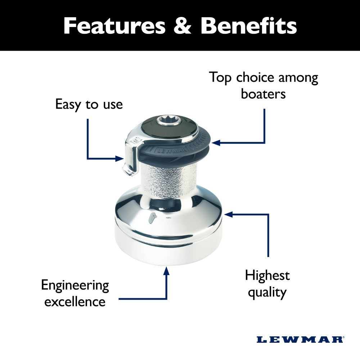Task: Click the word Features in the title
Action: (x=114, y=26)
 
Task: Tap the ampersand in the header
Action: (x=182, y=26)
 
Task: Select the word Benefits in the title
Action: (x=248, y=26)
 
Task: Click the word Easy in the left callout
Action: (x=68, y=104)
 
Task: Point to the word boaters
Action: (x=264, y=94)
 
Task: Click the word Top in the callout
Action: (x=220, y=77)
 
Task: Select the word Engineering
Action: (x=75, y=285)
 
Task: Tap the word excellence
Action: (x=75, y=301)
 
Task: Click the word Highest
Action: (x=267, y=275)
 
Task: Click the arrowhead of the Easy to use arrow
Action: (x=120, y=158)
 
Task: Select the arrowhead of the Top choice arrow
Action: (x=216, y=143)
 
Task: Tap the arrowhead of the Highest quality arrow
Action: (x=229, y=214)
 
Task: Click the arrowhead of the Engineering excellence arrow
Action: (x=166, y=271)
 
